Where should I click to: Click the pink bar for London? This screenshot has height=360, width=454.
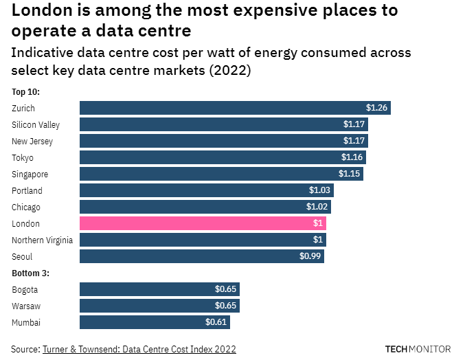point(203,223)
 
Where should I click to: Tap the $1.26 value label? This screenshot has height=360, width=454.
point(376,108)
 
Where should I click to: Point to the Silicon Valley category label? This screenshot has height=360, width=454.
point(36,124)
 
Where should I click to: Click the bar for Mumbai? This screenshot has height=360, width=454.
point(155,322)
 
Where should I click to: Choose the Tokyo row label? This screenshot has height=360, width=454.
point(23,157)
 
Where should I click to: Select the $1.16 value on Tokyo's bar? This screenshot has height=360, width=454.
point(352,157)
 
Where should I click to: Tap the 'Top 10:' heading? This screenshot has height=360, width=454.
point(26,91)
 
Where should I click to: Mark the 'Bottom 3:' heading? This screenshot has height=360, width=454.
point(31,273)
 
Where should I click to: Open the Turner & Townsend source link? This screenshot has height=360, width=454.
point(139,349)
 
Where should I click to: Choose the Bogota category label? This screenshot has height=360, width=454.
point(25,289)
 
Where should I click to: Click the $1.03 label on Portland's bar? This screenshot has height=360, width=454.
point(319,190)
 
